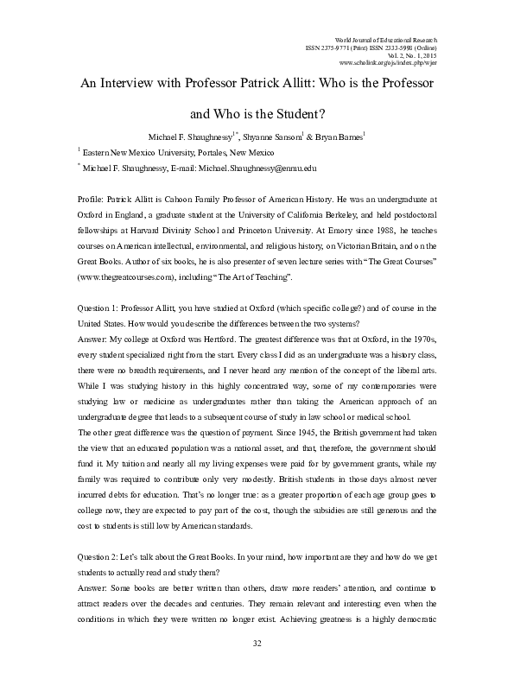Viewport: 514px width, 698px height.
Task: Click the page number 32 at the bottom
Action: [x=257, y=668]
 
